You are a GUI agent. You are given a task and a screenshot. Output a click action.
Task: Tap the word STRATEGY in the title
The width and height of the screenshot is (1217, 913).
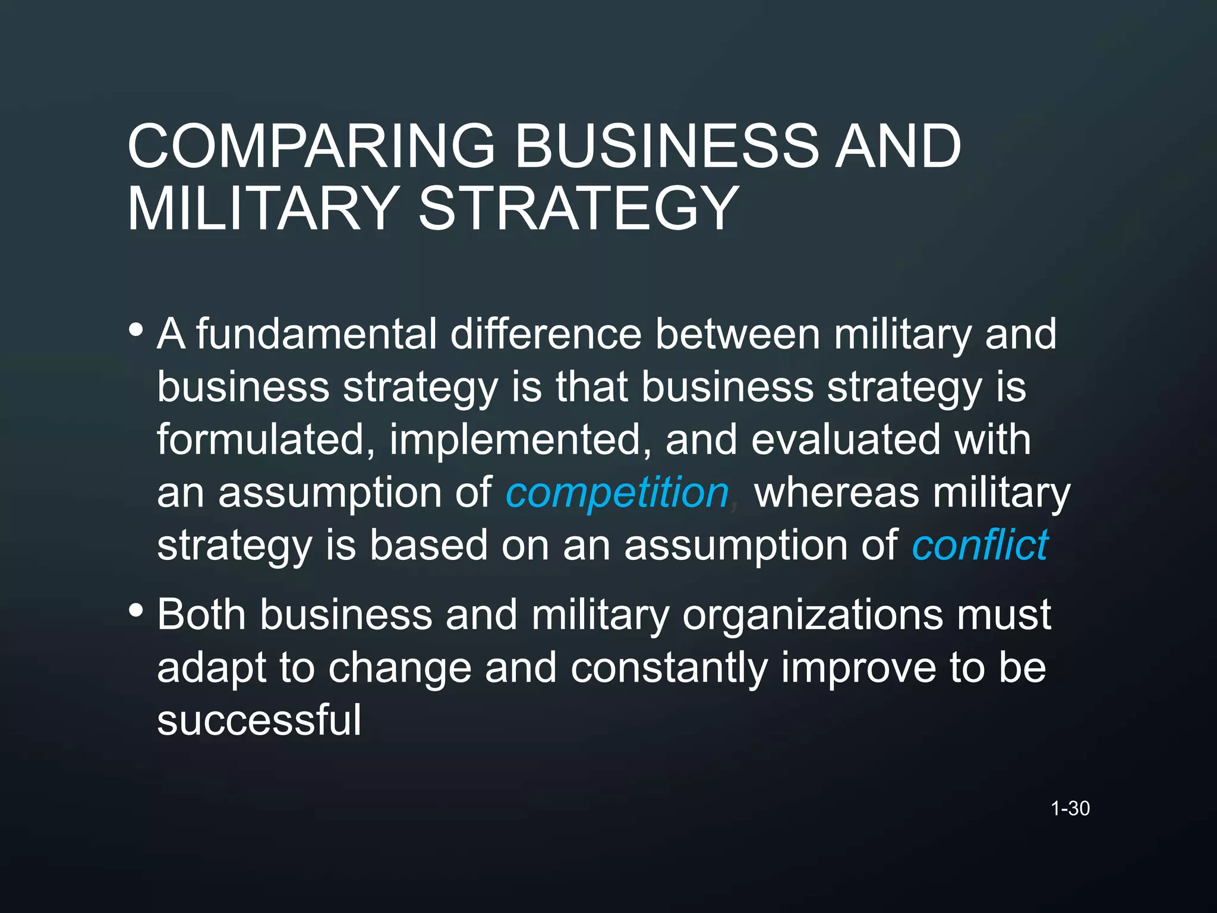coord(578,208)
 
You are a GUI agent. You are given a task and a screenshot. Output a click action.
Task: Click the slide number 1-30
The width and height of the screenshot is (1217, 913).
coord(1070,808)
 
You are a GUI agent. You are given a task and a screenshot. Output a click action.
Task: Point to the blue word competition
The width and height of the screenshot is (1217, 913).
coord(617,493)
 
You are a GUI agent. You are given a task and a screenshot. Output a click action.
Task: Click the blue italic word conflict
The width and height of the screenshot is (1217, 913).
coord(980,545)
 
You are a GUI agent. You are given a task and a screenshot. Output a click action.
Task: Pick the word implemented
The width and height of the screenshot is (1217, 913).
coord(521,440)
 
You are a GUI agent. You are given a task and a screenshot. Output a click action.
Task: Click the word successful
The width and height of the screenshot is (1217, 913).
coord(259,720)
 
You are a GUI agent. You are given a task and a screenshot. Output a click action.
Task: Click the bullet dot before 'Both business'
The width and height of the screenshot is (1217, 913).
coord(136,610)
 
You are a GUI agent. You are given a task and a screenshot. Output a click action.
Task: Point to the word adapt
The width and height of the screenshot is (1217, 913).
coord(212,668)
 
